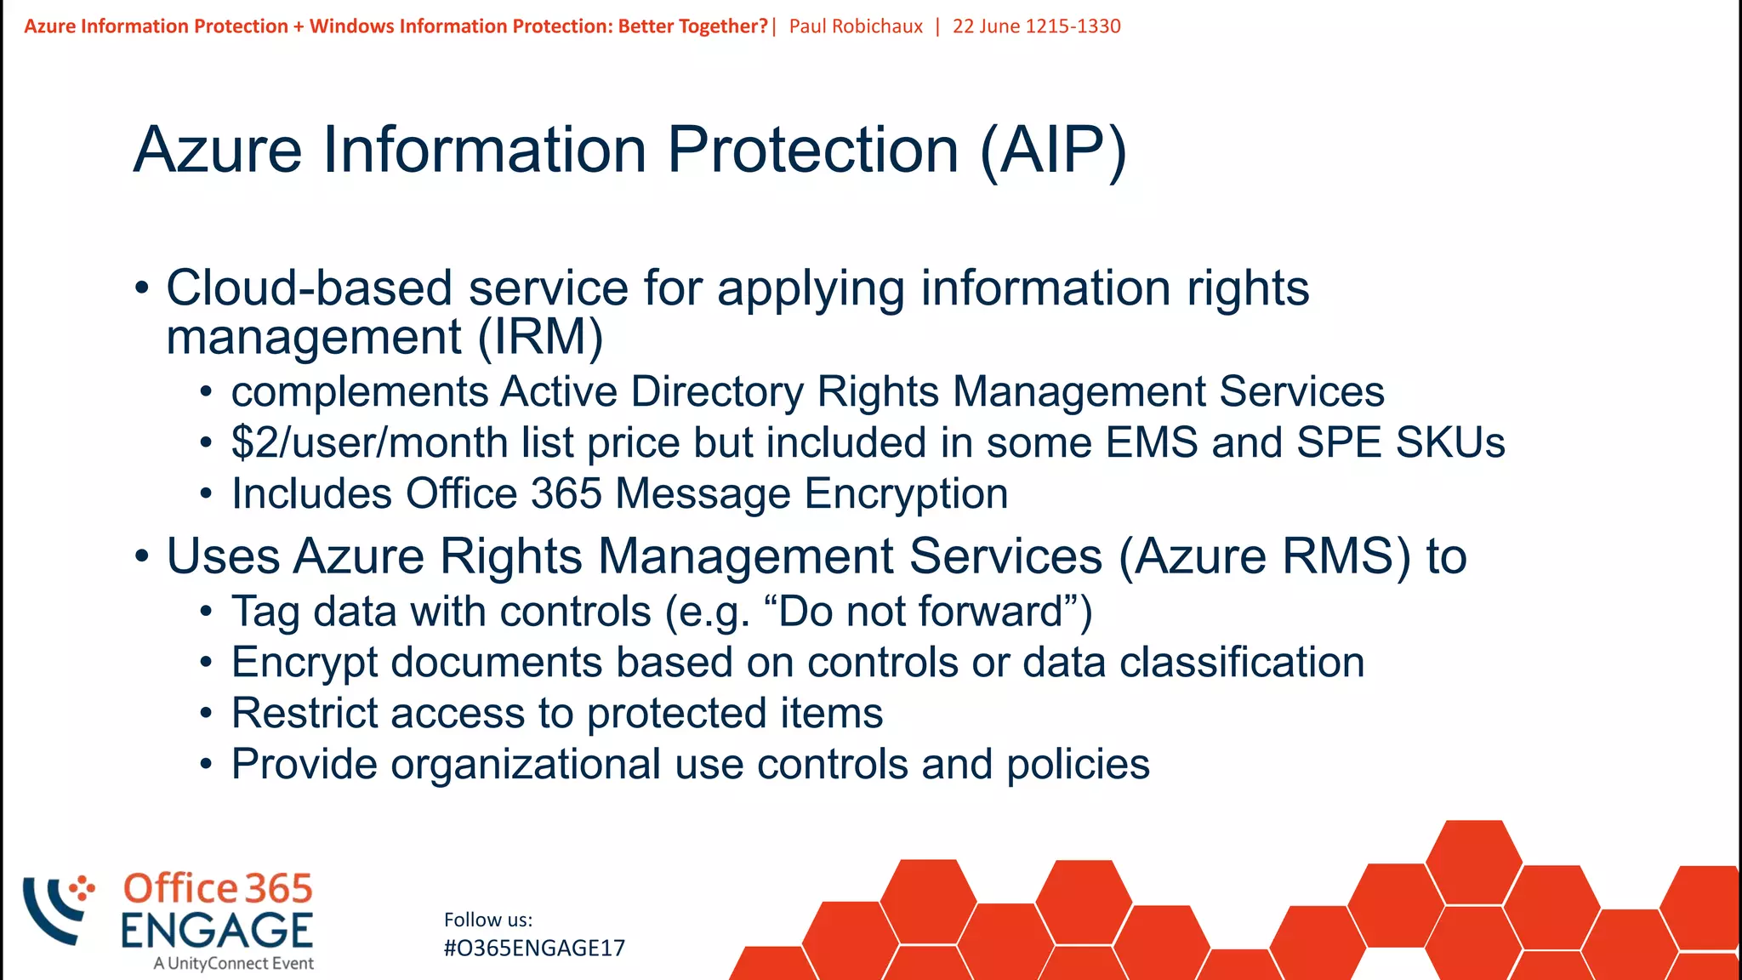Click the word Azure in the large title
218,151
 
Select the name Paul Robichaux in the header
856,26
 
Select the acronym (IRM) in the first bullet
540,337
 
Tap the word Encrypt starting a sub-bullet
304,663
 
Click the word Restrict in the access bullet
304,713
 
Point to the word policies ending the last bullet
1078,764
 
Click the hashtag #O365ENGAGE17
534,949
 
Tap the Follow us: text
488,920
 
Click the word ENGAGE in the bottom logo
217,930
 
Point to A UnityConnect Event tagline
234,964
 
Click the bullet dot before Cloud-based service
142,288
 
